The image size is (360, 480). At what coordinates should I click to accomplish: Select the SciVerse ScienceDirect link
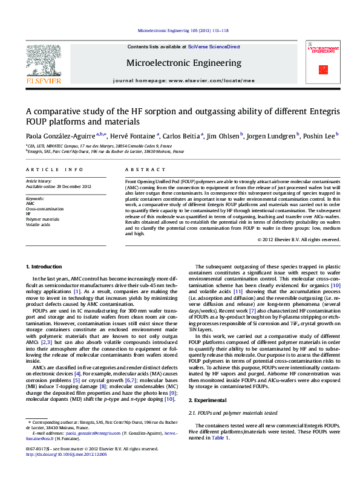(214, 47)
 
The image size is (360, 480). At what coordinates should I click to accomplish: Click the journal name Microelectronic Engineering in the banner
(183, 63)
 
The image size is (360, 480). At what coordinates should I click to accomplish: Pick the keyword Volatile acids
(38, 224)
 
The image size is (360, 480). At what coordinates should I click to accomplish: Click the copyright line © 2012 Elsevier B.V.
(299, 239)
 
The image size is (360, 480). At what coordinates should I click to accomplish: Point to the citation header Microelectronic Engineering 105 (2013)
(183, 30)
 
